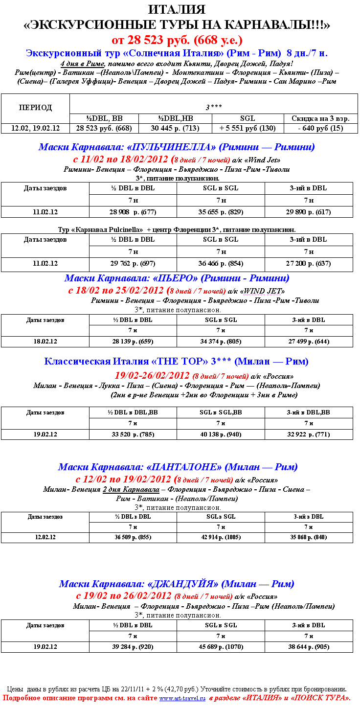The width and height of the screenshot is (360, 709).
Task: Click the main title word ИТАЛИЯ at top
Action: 177,9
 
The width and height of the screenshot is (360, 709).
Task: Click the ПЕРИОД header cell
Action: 35,108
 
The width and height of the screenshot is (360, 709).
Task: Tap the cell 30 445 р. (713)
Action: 175,128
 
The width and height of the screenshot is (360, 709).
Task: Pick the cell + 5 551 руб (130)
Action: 247,128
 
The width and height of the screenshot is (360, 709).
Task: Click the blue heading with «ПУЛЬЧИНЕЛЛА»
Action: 177,147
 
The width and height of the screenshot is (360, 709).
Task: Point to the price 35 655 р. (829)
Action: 221,212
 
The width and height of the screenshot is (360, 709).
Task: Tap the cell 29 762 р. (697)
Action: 133,263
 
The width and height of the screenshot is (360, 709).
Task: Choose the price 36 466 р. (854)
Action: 221,263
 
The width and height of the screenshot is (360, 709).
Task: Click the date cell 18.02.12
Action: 45,341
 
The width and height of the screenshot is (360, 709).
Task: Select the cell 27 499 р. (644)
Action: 309,341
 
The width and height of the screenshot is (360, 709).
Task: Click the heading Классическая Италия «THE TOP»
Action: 176,362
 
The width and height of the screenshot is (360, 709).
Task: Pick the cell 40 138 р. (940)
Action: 221,434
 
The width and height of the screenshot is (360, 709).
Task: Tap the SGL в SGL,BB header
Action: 221,412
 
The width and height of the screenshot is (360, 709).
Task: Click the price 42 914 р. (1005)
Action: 221,537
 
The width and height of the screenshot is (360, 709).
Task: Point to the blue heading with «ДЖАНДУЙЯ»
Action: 177,584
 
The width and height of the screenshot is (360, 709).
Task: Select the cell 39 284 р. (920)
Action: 133,646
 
